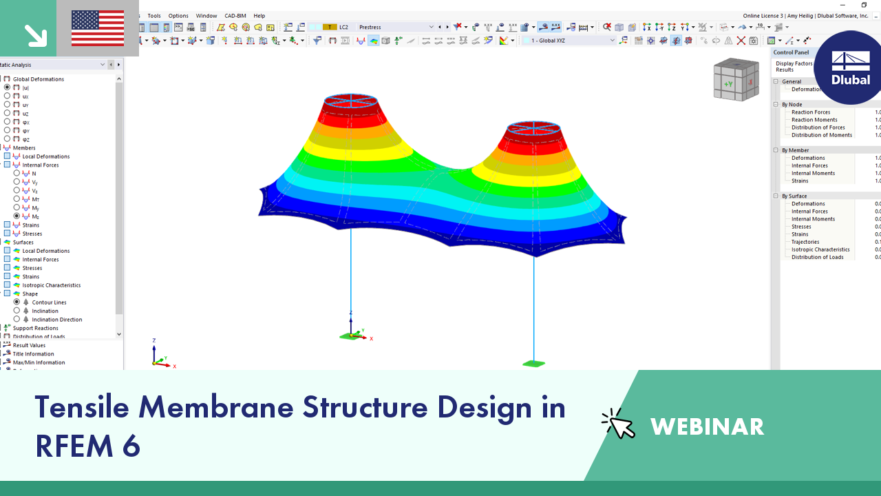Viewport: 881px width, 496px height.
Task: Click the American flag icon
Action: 98,28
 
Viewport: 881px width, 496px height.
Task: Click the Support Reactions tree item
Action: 35,328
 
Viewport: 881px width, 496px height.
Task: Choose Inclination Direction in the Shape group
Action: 56,320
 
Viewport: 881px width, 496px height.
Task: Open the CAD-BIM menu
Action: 235,16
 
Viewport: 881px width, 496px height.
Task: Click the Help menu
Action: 259,16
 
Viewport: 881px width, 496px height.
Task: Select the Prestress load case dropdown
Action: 396,28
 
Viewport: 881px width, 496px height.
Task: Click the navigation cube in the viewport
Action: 736,79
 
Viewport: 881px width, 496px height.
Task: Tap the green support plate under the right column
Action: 533,364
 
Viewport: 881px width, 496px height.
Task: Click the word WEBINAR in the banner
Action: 707,426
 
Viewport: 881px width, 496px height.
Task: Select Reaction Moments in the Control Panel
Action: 814,120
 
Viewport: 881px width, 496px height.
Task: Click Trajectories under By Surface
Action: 805,242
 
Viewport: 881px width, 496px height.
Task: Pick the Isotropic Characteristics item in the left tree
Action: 51,285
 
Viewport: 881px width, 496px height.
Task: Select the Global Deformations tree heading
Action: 38,79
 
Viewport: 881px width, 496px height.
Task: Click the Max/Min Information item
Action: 39,362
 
